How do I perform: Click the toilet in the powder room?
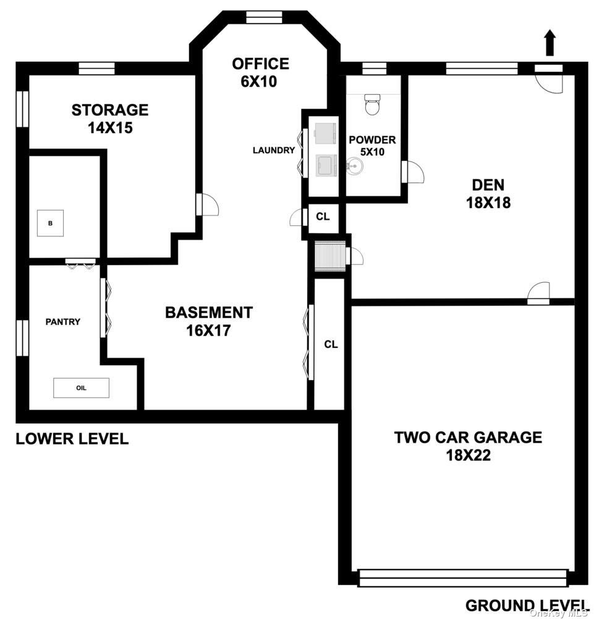pyautogui.click(x=372, y=103)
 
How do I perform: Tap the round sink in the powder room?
pyautogui.click(x=355, y=166)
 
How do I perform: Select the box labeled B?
pyautogui.click(x=51, y=223)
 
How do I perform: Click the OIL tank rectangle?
pyautogui.click(x=81, y=387)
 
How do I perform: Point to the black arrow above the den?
pyautogui.click(x=550, y=43)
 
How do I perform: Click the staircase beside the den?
pyautogui.click(x=330, y=256)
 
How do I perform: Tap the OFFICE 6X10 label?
pyautogui.click(x=260, y=72)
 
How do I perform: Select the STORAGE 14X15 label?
pyautogui.click(x=110, y=118)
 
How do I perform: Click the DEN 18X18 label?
pyautogui.click(x=488, y=193)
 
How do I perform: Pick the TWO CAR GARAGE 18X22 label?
pyautogui.click(x=469, y=446)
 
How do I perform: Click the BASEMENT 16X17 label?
pyautogui.click(x=208, y=321)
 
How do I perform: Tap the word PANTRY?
pyautogui.click(x=62, y=322)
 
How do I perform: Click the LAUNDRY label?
pyautogui.click(x=274, y=150)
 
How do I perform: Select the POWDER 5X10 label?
pyautogui.click(x=373, y=145)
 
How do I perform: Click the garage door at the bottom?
pyautogui.click(x=464, y=578)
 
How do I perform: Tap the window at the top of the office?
pyautogui.click(x=264, y=16)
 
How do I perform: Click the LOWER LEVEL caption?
pyautogui.click(x=72, y=439)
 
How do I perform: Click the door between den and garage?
pyautogui.click(x=538, y=294)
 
